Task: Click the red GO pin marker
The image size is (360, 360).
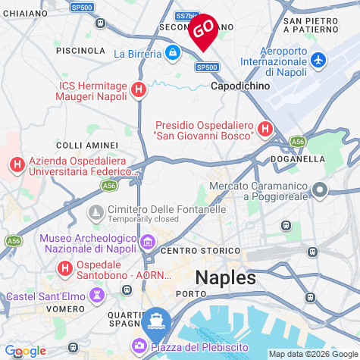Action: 202,30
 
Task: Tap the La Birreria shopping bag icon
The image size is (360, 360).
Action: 174,53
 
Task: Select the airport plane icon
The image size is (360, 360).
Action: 318,60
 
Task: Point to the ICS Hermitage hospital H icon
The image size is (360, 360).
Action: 138,90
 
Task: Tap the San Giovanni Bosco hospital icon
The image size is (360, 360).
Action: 265,130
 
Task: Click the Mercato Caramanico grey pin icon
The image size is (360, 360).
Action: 320,191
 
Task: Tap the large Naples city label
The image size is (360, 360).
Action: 226,277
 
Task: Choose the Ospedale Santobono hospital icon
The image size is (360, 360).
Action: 66,268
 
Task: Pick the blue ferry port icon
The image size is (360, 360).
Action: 155,319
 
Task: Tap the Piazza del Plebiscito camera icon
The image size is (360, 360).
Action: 140,346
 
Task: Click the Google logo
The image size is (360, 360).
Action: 25,351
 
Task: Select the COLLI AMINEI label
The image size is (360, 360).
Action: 88,144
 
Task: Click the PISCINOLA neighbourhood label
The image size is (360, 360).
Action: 80,50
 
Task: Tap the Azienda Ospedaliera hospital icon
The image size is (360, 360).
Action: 17,164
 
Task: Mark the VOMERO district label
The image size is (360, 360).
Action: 65,309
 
